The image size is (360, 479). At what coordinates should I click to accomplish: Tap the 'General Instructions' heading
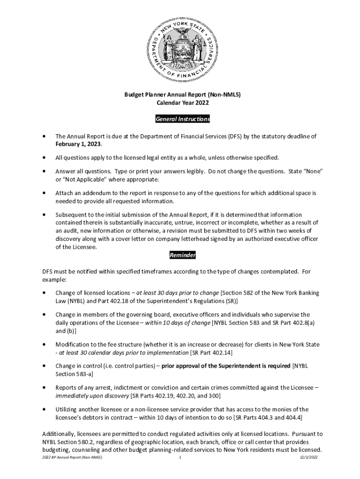(x=182, y=119)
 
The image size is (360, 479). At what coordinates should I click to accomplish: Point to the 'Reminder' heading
(x=182, y=255)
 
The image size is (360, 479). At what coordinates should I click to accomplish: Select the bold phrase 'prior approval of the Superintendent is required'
(x=226, y=366)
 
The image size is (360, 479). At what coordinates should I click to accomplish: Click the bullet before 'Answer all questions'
(x=44, y=171)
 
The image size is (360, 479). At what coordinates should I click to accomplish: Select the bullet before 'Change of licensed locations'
(x=44, y=293)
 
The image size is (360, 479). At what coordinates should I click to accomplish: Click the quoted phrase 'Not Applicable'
(x=87, y=180)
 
